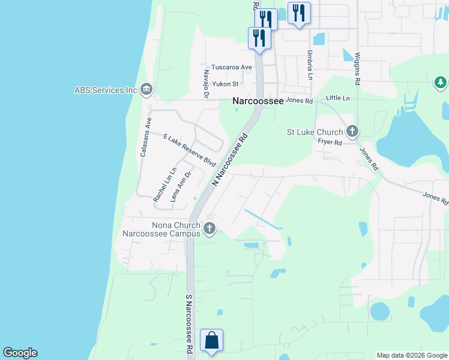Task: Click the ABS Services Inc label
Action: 106,90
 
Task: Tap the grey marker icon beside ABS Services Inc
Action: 146,90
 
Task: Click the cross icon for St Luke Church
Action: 352,131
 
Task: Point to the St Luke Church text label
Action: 315,132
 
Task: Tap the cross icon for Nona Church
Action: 209,228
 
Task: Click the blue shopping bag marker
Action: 212,340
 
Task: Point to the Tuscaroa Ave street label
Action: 231,67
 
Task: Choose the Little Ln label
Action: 337,97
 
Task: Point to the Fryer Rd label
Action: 330,142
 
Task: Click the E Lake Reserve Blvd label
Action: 189,150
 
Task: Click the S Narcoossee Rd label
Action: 188,323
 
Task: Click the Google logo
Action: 20,353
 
